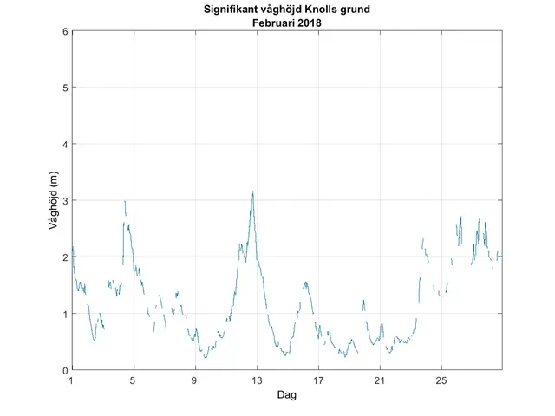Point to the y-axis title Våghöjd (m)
point(53,200)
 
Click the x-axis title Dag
point(287,395)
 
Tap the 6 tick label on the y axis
point(64,31)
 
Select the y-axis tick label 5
point(64,88)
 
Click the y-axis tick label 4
point(64,144)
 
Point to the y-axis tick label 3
point(64,200)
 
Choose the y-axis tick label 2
point(64,257)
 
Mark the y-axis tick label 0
point(64,370)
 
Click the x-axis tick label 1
point(72,380)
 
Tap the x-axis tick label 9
point(195,380)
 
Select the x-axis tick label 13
point(257,380)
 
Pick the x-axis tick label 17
point(318,380)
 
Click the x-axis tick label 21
point(380,380)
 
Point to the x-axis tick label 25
point(441,380)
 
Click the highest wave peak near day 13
point(252,192)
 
